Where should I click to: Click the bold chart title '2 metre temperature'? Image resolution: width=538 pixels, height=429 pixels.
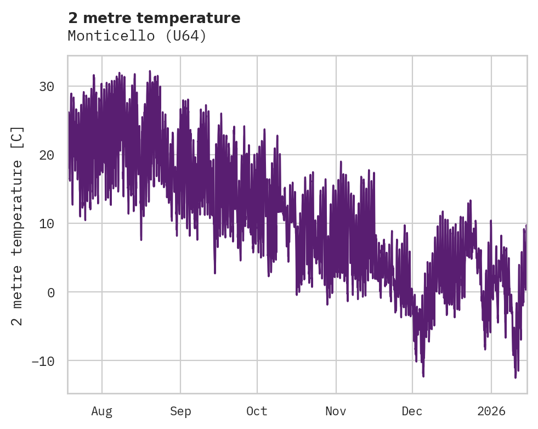154,18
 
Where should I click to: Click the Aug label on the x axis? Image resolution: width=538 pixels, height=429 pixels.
101,411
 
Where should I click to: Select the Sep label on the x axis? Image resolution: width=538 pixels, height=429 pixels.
180,411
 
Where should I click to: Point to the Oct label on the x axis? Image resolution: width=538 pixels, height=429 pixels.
257,411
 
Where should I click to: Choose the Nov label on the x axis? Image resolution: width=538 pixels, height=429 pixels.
336,411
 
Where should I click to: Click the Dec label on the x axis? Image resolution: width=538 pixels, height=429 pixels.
412,411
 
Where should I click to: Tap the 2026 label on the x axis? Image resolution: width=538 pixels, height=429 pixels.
491,411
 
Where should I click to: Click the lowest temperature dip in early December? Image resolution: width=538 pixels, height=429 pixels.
423,376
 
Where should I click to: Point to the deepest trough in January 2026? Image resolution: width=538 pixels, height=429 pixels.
516,377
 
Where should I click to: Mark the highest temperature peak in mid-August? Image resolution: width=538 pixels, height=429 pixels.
150,71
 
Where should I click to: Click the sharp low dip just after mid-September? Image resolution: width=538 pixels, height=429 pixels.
215,273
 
